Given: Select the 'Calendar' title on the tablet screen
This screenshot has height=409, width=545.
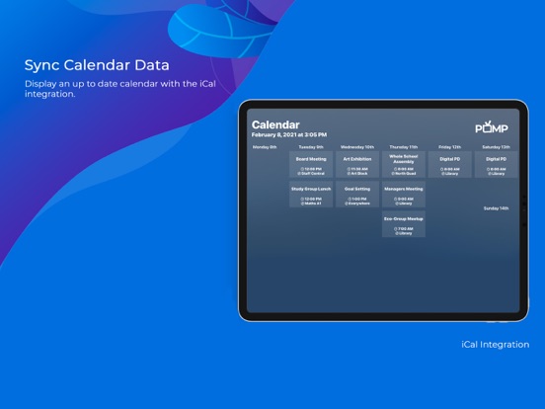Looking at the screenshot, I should [275, 125].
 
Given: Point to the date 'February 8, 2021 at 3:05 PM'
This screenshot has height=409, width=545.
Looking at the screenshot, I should [289, 134].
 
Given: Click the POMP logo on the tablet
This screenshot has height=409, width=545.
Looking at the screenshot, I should [491, 128].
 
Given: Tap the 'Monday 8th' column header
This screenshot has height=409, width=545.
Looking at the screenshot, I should [265, 146].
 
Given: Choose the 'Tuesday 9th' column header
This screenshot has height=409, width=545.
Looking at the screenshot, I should [311, 146].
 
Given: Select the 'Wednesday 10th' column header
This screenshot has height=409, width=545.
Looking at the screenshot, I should [356, 146].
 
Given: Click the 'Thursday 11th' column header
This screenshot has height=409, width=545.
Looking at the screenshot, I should [403, 146].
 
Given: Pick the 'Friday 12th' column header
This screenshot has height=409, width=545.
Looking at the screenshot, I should [449, 146].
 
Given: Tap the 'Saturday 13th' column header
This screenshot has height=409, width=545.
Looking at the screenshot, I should [496, 146].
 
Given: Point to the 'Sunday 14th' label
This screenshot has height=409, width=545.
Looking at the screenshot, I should [496, 208].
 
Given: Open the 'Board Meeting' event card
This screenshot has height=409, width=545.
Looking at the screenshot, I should [311, 165].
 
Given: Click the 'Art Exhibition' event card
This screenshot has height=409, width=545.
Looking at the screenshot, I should [356, 165].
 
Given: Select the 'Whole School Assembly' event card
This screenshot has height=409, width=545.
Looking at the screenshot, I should [403, 165].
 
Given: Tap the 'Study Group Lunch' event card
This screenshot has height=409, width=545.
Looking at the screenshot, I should [311, 195].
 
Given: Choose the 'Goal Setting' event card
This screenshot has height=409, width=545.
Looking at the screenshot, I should [356, 195].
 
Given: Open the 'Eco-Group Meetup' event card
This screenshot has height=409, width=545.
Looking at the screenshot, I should [403, 225].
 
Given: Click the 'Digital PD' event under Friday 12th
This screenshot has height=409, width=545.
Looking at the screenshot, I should [449, 165].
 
